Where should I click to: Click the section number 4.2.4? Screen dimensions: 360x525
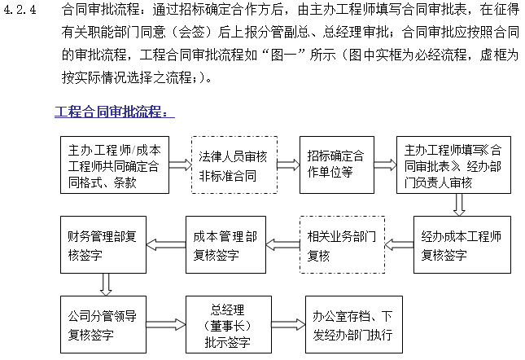click(21, 11)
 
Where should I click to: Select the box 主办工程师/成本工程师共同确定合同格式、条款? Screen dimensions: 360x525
click(115, 165)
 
